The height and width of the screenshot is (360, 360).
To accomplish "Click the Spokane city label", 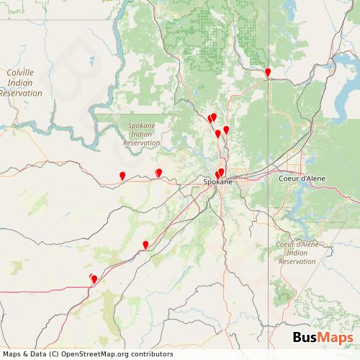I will point(218,183).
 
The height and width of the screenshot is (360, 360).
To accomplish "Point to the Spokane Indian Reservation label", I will point(141,134).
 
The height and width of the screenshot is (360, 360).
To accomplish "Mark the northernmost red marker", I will point(268,72).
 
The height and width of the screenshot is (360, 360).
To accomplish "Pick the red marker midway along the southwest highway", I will point(145,245).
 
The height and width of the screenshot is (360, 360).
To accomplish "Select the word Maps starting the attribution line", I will point(13,354).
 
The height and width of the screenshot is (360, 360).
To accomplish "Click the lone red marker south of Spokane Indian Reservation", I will point(122,175).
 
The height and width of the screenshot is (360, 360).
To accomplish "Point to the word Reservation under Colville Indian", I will point(21,92).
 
